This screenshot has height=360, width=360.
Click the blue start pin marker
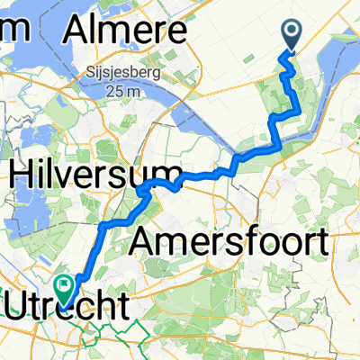[x=293, y=36]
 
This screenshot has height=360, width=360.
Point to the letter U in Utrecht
[x=18, y=306]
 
